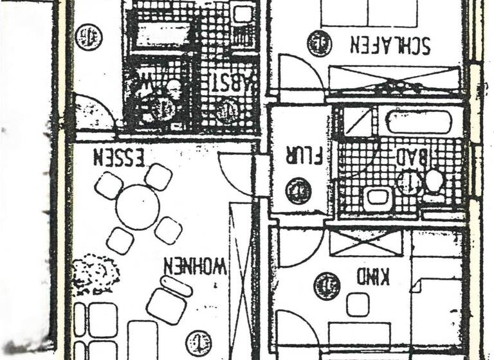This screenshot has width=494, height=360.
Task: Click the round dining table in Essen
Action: pyautogui.click(x=138, y=205)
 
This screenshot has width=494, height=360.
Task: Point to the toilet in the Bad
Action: pyautogui.click(x=434, y=182)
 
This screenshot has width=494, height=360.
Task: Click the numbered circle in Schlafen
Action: pyautogui.click(x=318, y=44)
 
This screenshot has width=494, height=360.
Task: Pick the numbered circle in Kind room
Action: pyautogui.click(x=326, y=285)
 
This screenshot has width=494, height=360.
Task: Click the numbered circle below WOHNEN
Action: pyautogui.click(x=197, y=343)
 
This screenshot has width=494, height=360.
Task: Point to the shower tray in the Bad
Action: pyautogui.click(x=358, y=122)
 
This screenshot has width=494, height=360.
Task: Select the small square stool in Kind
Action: pyautogui.click(x=357, y=304)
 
